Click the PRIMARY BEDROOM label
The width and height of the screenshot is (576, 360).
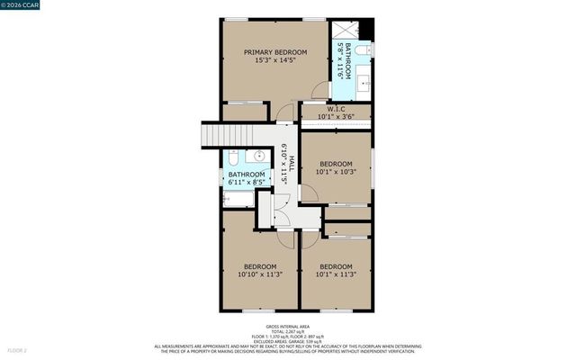[275, 53]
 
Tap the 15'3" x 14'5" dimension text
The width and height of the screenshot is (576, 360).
[275, 62]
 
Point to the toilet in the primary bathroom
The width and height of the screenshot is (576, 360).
[364, 50]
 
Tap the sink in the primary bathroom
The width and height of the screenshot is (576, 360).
[364, 82]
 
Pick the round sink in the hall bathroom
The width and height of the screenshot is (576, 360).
[259, 156]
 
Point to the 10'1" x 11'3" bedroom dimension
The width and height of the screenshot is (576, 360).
[336, 275]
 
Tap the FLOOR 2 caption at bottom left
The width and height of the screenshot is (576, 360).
[19, 349]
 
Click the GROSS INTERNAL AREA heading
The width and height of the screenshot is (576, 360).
[287, 326]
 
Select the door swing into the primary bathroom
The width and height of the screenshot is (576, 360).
[320, 91]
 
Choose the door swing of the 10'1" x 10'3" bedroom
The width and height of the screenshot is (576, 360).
[309, 193]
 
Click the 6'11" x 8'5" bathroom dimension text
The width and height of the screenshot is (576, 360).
[246, 183]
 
